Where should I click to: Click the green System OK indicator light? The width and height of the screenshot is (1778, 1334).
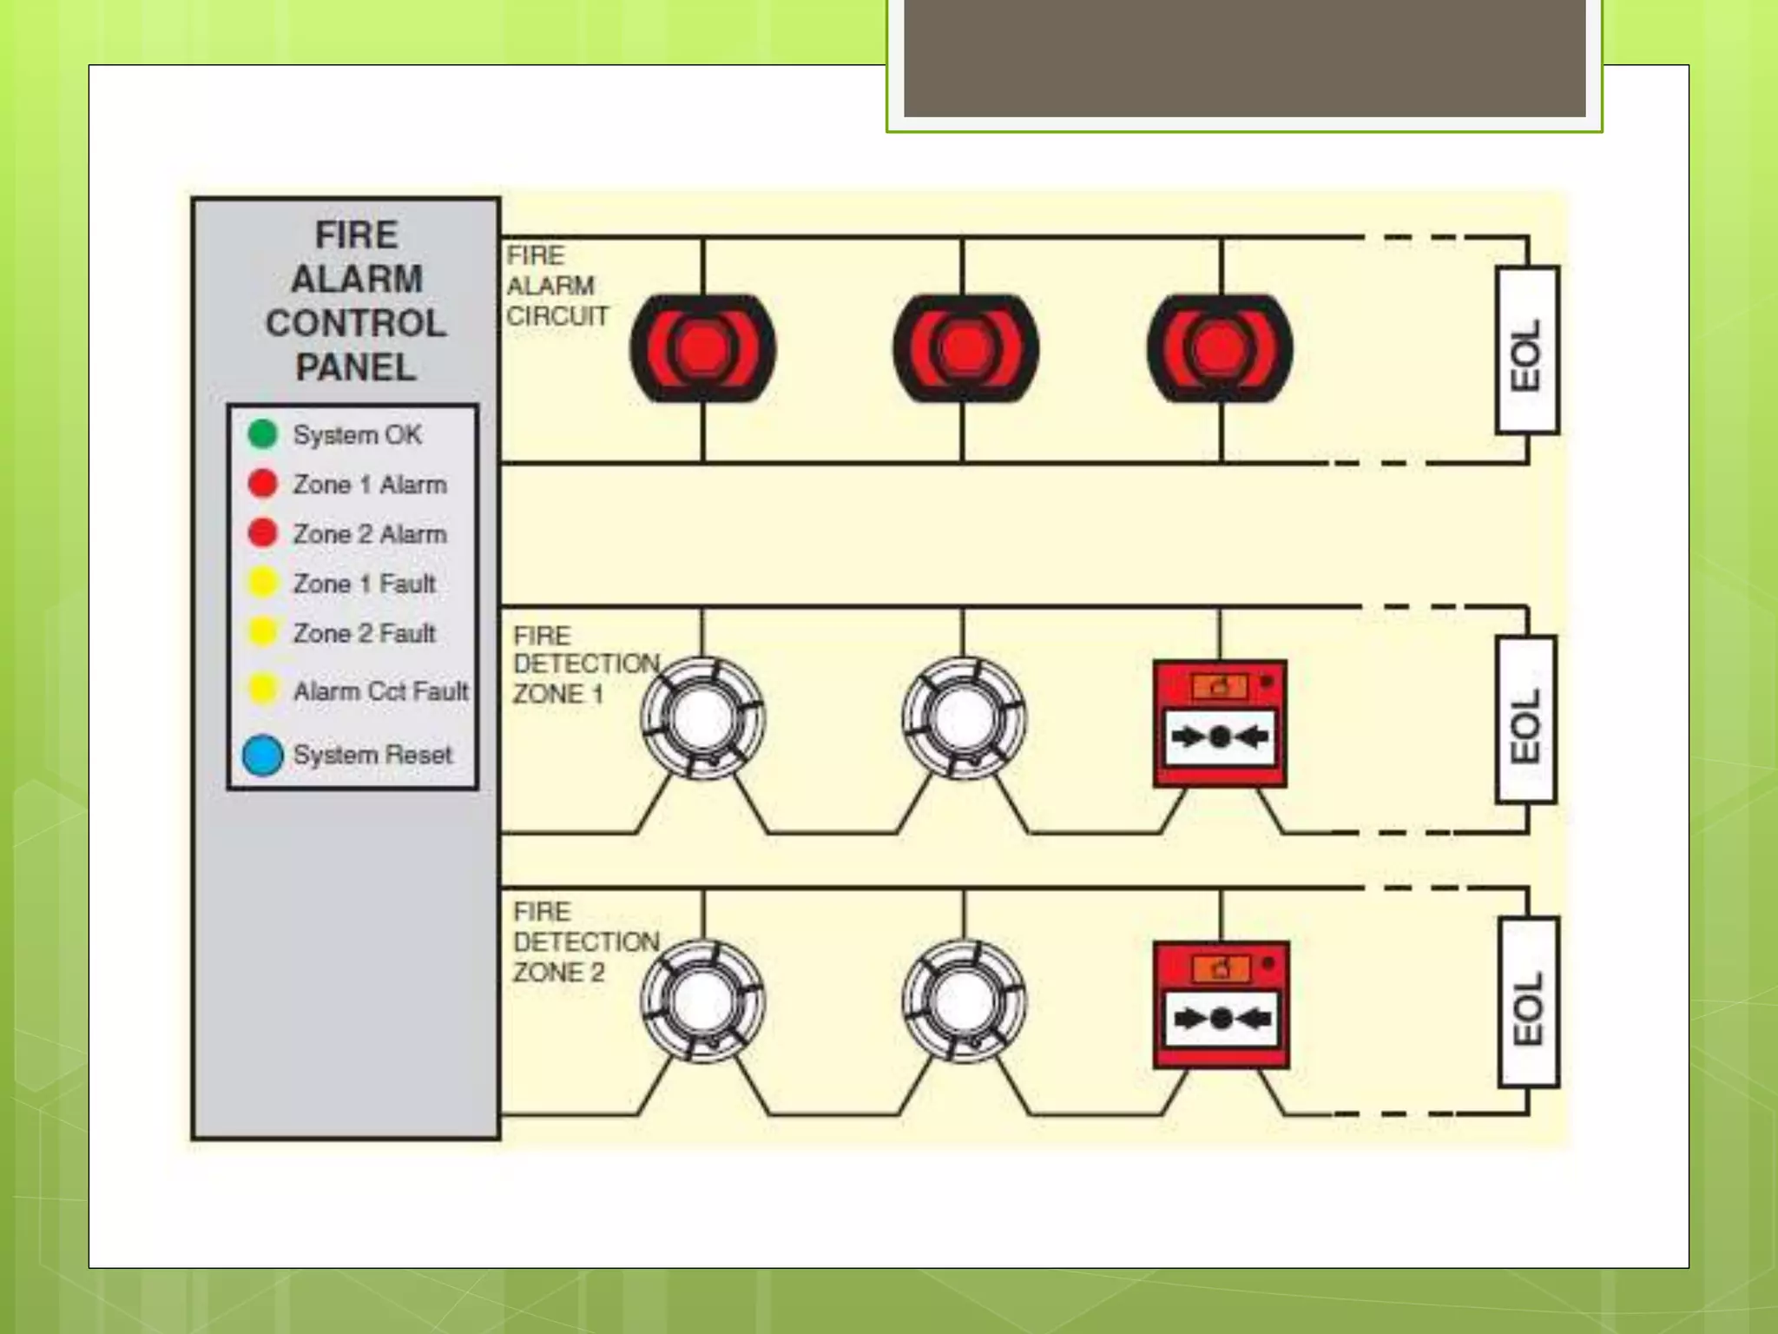(x=262, y=433)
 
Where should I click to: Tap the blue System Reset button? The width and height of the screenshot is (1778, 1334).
(x=262, y=755)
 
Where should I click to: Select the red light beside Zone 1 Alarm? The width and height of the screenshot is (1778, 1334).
(x=262, y=483)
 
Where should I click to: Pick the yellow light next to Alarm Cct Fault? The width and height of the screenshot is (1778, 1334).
(x=262, y=690)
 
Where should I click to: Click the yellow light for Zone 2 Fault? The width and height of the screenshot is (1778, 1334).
(x=262, y=632)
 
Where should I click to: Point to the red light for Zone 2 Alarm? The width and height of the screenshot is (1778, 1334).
(x=262, y=532)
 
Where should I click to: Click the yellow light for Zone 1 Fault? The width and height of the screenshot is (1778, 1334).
(x=262, y=583)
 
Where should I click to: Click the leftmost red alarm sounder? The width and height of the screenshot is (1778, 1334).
(x=702, y=348)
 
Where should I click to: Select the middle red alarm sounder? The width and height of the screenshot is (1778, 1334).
(x=965, y=348)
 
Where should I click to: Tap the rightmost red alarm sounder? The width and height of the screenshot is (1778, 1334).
(x=1220, y=348)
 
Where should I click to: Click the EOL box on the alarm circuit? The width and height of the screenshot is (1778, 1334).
(x=1527, y=350)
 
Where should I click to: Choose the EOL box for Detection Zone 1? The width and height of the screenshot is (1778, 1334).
(x=1526, y=719)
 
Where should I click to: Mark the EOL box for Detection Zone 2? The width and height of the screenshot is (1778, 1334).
(x=1528, y=1001)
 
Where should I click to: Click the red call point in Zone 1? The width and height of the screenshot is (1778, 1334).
(x=1220, y=723)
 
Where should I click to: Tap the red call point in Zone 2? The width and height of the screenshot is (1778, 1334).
(x=1221, y=1005)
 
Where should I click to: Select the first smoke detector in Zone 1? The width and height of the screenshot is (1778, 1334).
(x=702, y=718)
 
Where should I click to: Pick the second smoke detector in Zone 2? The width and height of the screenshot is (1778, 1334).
(x=964, y=1000)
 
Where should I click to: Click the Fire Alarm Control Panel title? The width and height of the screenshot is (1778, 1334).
(x=356, y=301)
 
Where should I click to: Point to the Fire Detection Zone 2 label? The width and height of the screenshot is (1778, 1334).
(x=585, y=941)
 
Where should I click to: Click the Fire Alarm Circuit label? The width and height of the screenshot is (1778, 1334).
(x=556, y=286)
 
